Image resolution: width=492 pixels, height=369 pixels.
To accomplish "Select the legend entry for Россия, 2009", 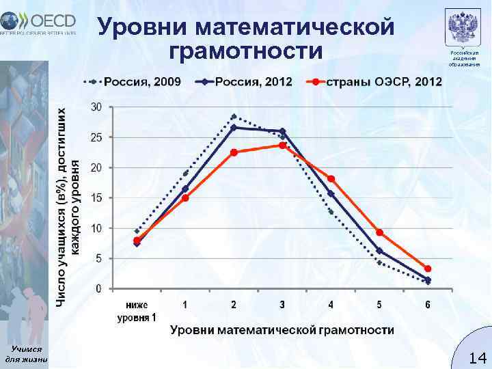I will tap(133, 82).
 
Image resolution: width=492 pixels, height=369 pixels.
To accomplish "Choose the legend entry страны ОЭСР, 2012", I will tap(372, 82).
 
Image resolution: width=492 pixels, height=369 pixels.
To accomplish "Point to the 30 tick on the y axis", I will tap(97, 107).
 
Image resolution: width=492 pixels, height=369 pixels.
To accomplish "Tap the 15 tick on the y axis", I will tap(97, 198).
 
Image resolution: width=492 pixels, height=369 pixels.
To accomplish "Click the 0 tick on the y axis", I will tap(99, 289).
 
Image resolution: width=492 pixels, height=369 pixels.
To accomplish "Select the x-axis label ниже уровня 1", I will tap(137, 311).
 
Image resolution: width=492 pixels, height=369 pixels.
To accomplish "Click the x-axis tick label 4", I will tap(331, 305).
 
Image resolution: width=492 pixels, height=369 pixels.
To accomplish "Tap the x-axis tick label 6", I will tap(428, 305).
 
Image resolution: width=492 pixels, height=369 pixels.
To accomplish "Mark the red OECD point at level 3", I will tap(283, 145).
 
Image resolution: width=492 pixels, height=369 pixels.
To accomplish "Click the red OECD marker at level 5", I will tap(379, 232).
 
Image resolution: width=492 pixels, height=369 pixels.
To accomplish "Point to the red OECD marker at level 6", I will tap(428, 269).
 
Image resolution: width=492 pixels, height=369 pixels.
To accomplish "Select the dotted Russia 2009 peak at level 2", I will tap(234, 116).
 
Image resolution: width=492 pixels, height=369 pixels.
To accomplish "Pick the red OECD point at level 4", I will tap(331, 179).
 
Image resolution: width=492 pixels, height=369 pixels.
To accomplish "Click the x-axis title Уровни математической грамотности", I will tap(282, 330).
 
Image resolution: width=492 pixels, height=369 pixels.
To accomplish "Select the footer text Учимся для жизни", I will tap(25, 354).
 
